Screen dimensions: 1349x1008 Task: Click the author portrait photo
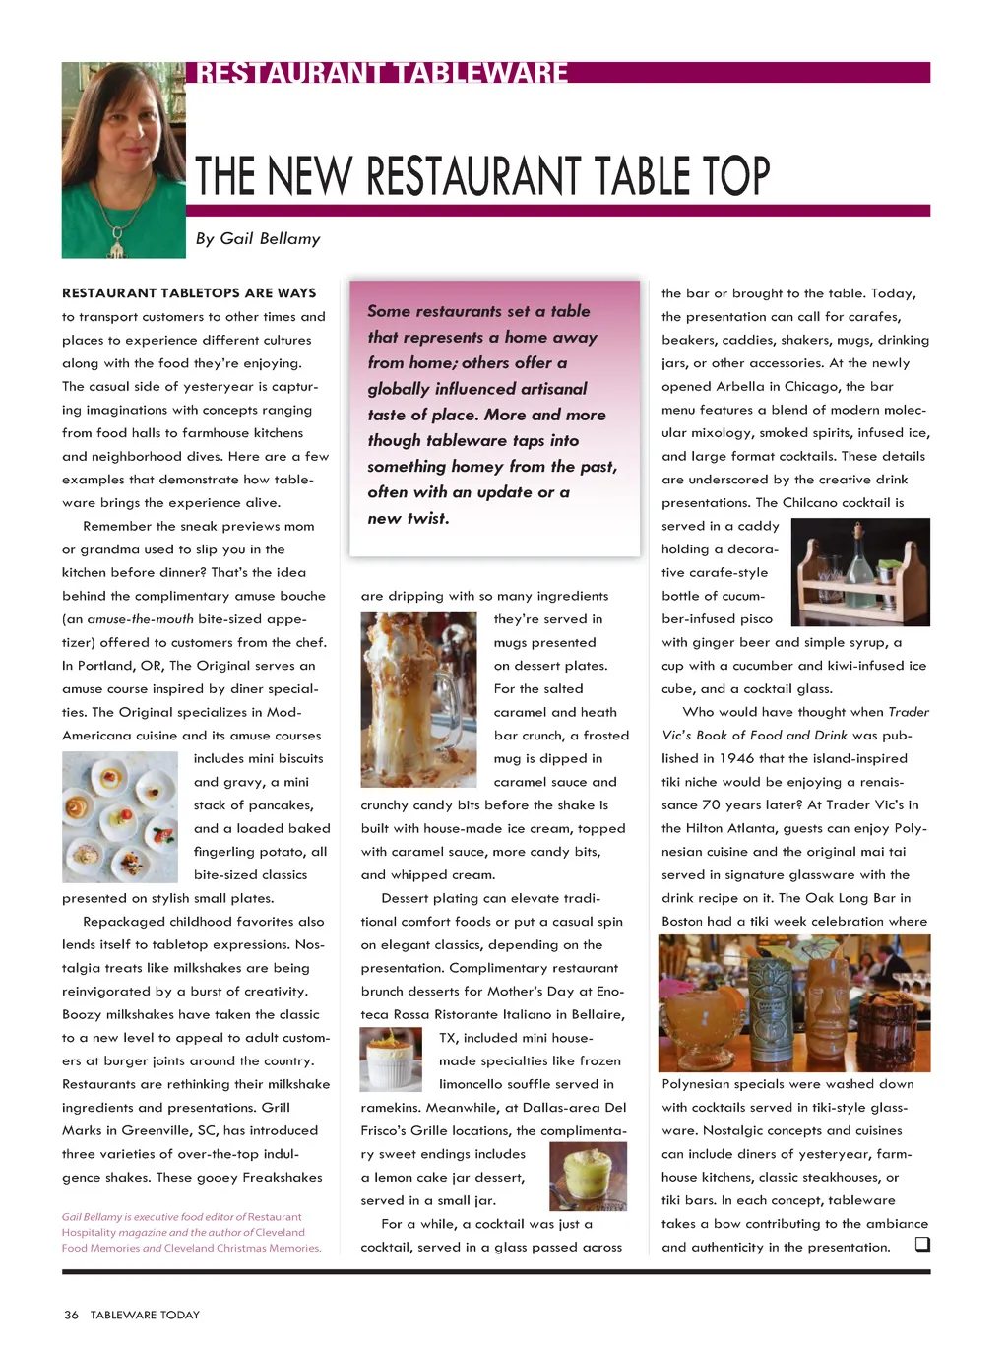click(123, 160)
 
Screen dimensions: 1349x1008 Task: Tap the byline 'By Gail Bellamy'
click(257, 239)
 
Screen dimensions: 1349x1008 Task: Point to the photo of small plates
click(120, 816)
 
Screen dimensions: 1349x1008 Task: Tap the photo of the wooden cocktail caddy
click(859, 572)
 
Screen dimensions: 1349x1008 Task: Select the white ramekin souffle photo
click(391, 1060)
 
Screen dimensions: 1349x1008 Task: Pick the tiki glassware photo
click(793, 1002)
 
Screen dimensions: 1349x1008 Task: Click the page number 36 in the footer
click(71, 1315)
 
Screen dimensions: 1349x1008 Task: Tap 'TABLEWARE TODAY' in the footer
click(145, 1315)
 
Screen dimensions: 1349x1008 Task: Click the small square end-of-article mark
click(922, 1244)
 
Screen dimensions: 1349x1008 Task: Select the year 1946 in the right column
click(735, 758)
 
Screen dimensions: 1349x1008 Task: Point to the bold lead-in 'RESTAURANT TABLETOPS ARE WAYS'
click(189, 293)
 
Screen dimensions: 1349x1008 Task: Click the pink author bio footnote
click(191, 1232)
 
